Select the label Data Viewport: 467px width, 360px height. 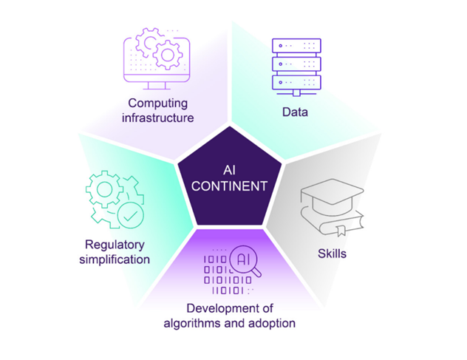tap(294, 112)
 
